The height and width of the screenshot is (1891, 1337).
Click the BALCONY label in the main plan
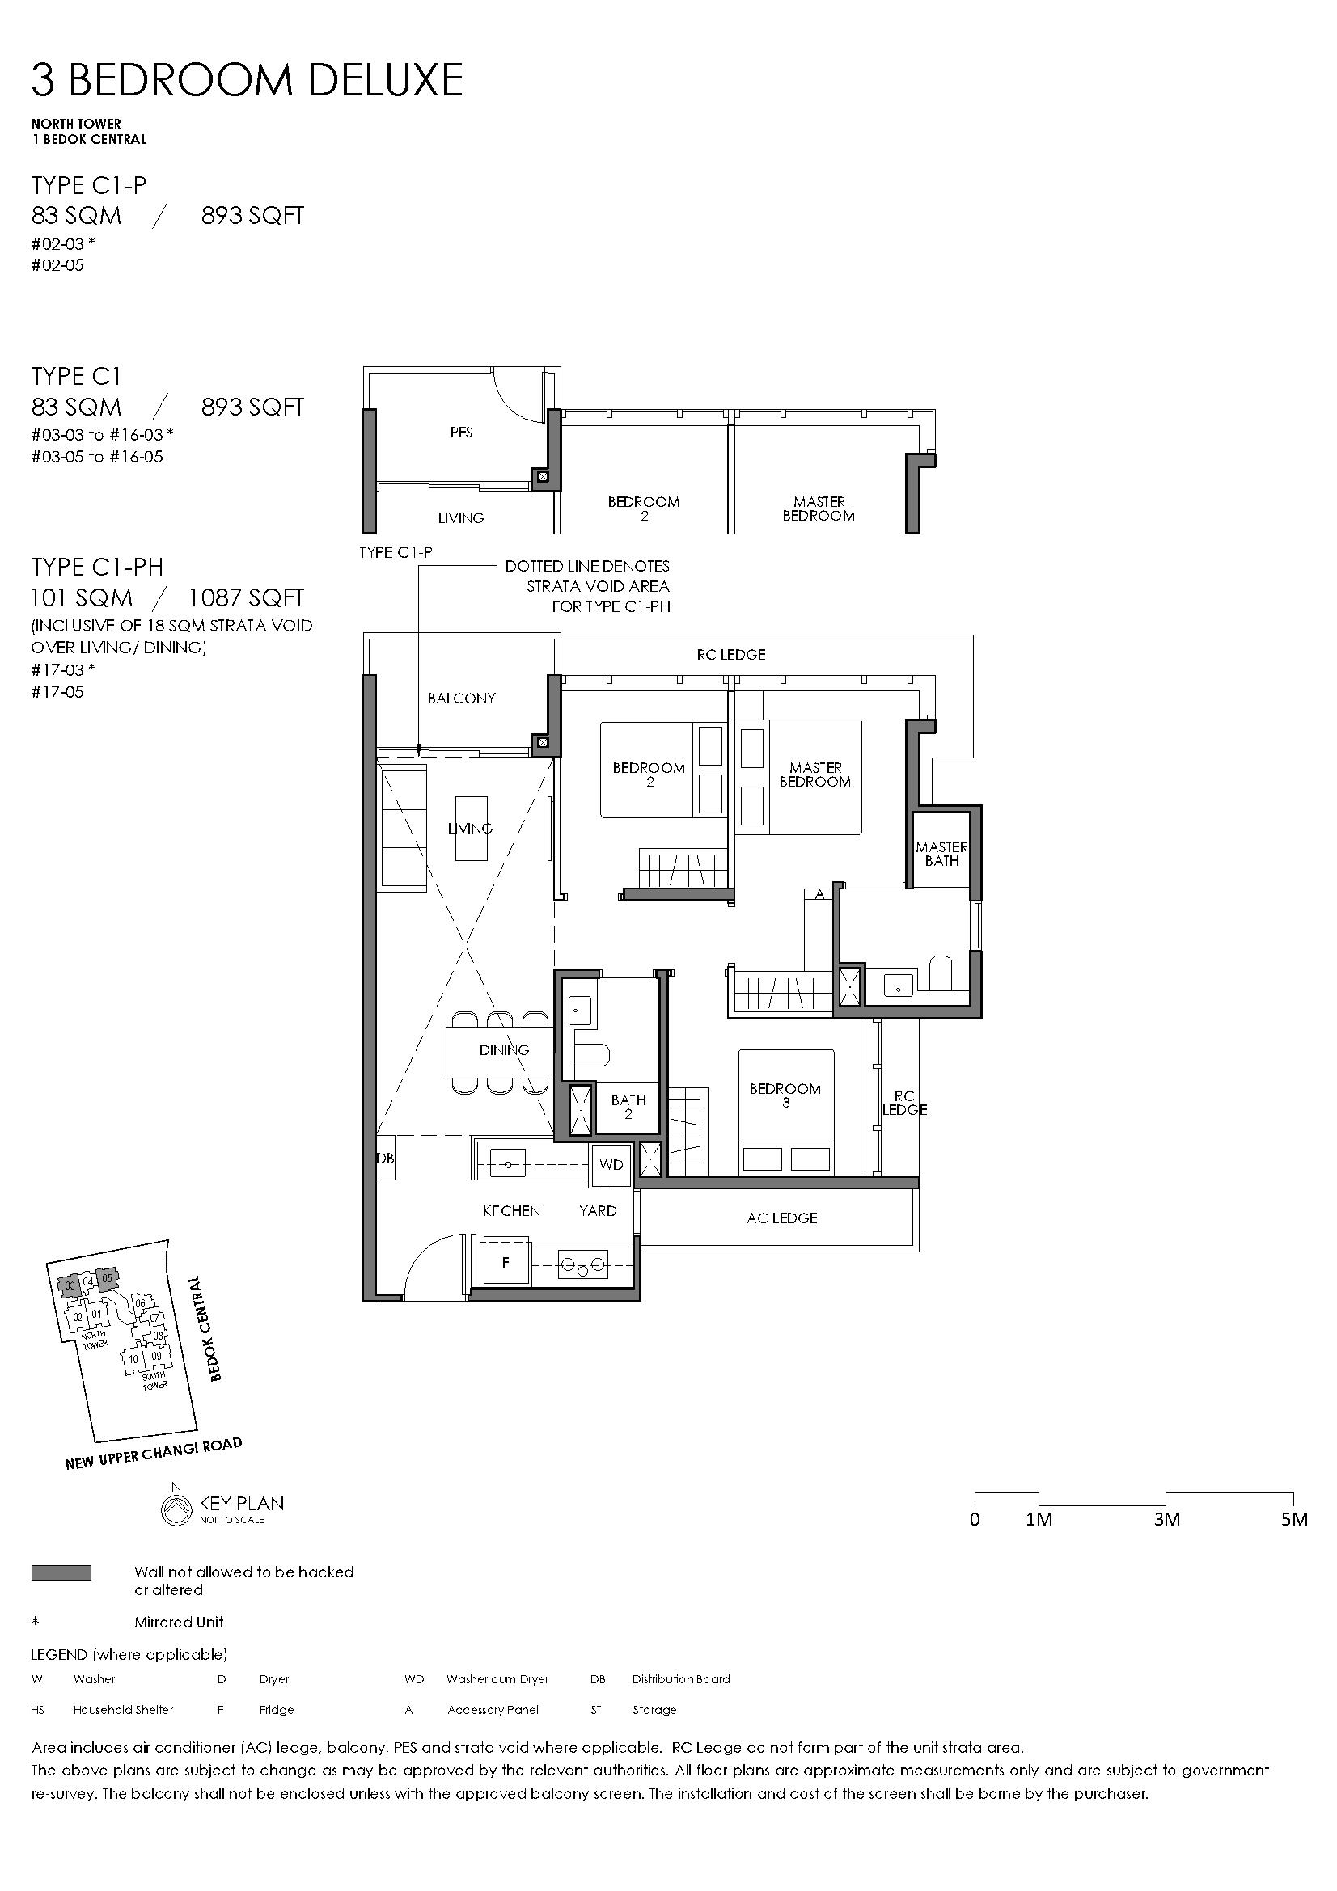pyautogui.click(x=461, y=699)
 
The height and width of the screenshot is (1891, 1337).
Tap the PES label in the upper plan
pyautogui.click(x=461, y=433)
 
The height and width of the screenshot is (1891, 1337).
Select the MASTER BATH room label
pyautogui.click(x=941, y=853)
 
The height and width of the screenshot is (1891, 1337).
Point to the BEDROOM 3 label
pyautogui.click(x=785, y=1095)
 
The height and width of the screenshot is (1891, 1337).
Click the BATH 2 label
pyautogui.click(x=628, y=1107)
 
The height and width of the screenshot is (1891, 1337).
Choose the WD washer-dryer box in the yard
pyautogui.click(x=611, y=1164)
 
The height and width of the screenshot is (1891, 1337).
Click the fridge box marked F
pyautogui.click(x=506, y=1262)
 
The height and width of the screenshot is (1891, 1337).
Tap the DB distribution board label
pyautogui.click(x=386, y=1159)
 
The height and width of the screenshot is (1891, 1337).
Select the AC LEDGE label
pyautogui.click(x=782, y=1218)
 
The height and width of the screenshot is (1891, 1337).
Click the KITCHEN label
pyautogui.click(x=511, y=1211)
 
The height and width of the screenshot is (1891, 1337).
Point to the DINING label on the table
pyautogui.click(x=504, y=1050)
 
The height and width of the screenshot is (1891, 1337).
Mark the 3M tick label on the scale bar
pyautogui.click(x=1166, y=1520)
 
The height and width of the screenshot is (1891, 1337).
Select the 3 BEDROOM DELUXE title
pyautogui.click(x=248, y=81)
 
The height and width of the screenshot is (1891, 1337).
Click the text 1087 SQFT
pyautogui.click(x=247, y=598)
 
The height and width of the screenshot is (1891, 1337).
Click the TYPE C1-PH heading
pyautogui.click(x=97, y=567)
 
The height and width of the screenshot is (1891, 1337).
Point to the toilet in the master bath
pyautogui.click(x=940, y=973)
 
